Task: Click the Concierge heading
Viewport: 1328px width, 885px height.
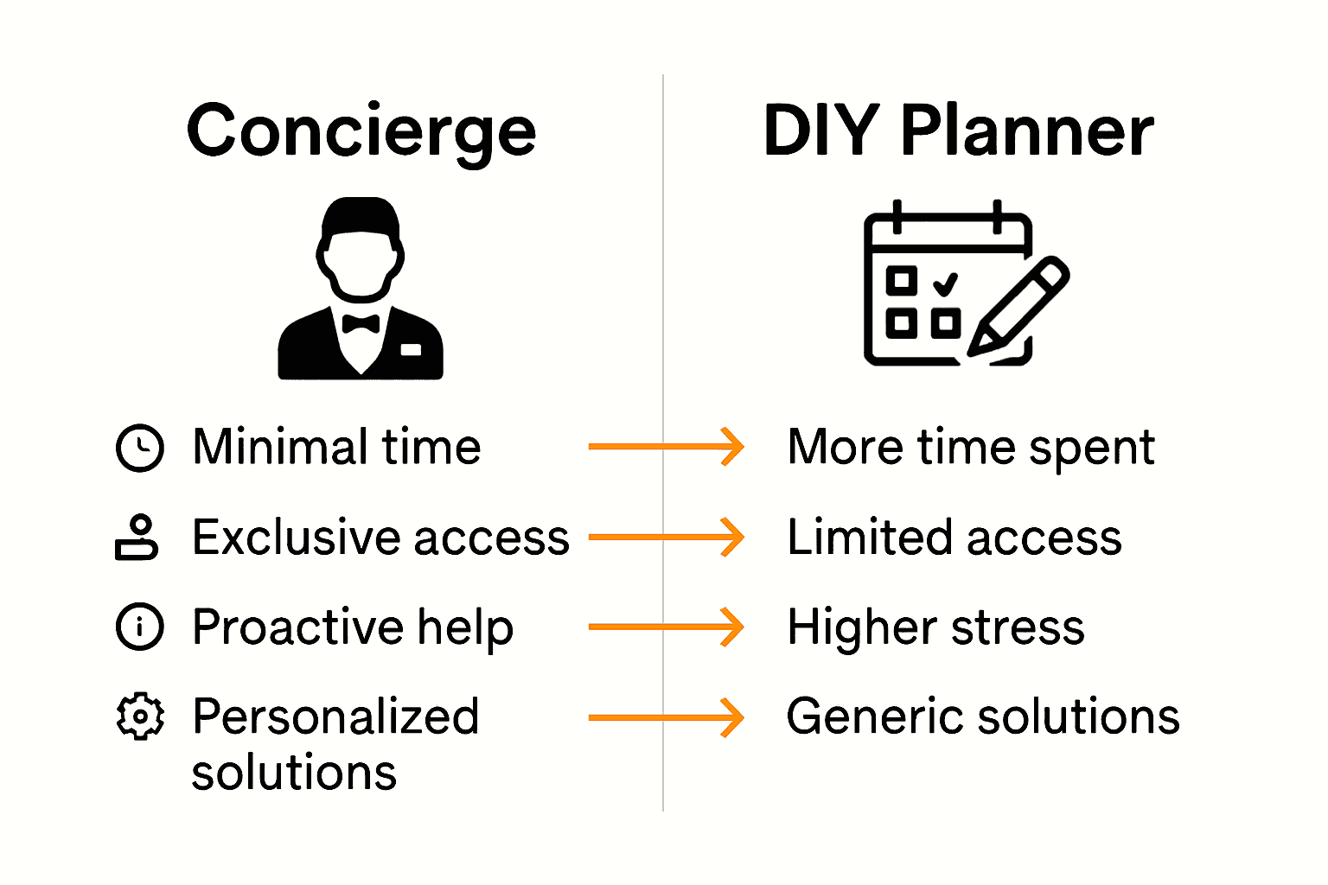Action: click(x=361, y=131)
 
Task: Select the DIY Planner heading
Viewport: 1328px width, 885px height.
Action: click(x=958, y=131)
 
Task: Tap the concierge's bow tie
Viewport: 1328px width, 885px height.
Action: click(x=361, y=324)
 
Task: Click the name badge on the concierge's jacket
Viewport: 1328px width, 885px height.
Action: click(x=411, y=349)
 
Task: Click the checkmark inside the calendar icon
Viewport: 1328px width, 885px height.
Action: click(x=946, y=283)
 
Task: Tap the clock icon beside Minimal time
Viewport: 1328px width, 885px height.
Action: click(x=139, y=448)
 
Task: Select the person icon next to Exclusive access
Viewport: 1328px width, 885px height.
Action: click(x=137, y=538)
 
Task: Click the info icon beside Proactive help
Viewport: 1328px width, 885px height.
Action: click(x=139, y=627)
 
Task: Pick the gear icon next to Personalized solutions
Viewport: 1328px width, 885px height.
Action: click(x=139, y=716)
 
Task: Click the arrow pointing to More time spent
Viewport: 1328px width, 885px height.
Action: click(x=666, y=447)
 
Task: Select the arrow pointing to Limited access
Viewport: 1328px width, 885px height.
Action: click(x=666, y=537)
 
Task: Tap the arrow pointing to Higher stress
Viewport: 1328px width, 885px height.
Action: click(x=666, y=627)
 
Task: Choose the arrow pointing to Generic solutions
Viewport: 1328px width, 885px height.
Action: click(x=666, y=717)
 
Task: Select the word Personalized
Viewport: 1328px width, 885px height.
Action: click(x=335, y=717)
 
